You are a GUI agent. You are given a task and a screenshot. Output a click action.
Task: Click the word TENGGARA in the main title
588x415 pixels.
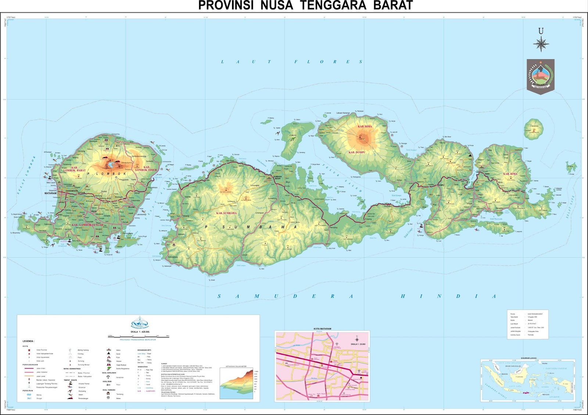click(x=333, y=6)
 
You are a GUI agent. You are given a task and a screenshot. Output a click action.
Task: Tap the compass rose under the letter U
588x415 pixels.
click(x=541, y=44)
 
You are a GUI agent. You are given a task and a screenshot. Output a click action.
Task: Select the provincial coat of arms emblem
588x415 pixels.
click(x=541, y=76)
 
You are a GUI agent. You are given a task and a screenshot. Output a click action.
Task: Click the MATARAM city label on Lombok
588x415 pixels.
click(x=51, y=193)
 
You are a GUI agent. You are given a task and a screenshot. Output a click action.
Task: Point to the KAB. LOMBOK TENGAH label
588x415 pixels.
click(x=85, y=225)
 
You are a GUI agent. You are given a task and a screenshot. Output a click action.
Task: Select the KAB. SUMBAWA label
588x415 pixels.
click(x=226, y=213)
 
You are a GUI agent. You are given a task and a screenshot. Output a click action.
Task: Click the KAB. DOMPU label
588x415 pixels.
click(x=356, y=152)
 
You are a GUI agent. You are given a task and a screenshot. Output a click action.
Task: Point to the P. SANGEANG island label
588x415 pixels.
click(x=534, y=126)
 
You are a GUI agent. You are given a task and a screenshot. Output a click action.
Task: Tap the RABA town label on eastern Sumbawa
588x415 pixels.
click(x=487, y=174)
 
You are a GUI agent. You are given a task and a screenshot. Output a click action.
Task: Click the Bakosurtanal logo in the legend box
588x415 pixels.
click(x=140, y=323)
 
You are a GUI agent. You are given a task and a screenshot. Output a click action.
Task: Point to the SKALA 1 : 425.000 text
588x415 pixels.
click(x=140, y=332)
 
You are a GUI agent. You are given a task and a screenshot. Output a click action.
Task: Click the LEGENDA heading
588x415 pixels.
click(x=29, y=341)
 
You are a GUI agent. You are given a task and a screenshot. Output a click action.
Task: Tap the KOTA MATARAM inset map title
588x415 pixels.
click(x=322, y=329)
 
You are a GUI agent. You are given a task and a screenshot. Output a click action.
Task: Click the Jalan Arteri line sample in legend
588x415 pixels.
click(x=29, y=368)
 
